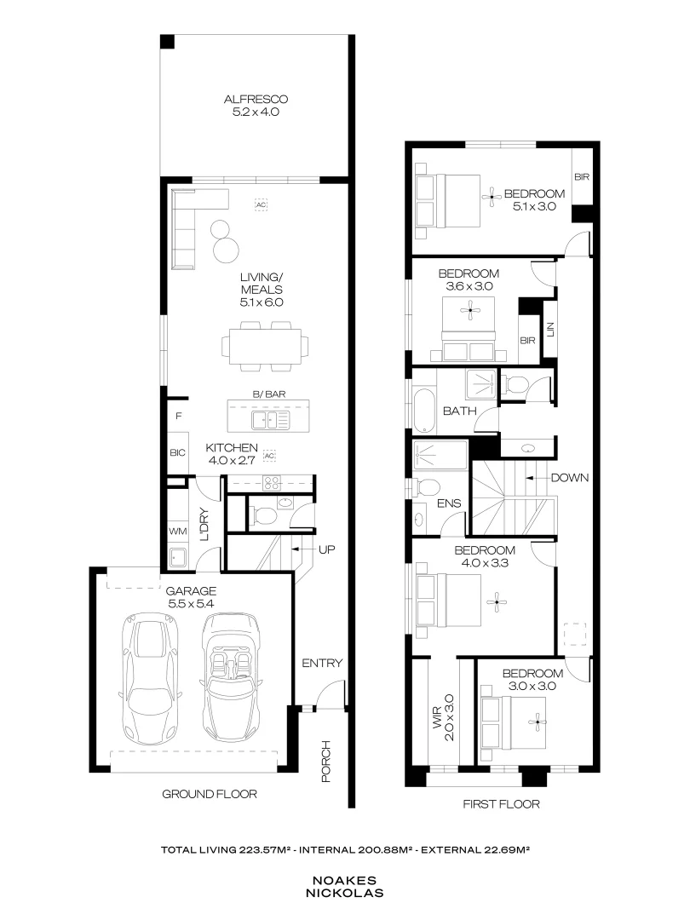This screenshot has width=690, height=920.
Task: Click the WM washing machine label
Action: click(177, 532)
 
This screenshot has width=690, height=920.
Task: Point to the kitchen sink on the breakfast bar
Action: click(270, 421)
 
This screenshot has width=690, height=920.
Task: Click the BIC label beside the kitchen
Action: click(177, 452)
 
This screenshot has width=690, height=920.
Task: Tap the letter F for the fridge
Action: click(178, 417)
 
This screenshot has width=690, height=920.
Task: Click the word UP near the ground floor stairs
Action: click(326, 549)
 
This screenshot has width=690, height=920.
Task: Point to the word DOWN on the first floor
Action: click(569, 478)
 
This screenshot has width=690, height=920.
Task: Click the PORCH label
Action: click(325, 761)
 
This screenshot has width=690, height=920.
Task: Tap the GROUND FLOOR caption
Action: click(210, 794)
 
